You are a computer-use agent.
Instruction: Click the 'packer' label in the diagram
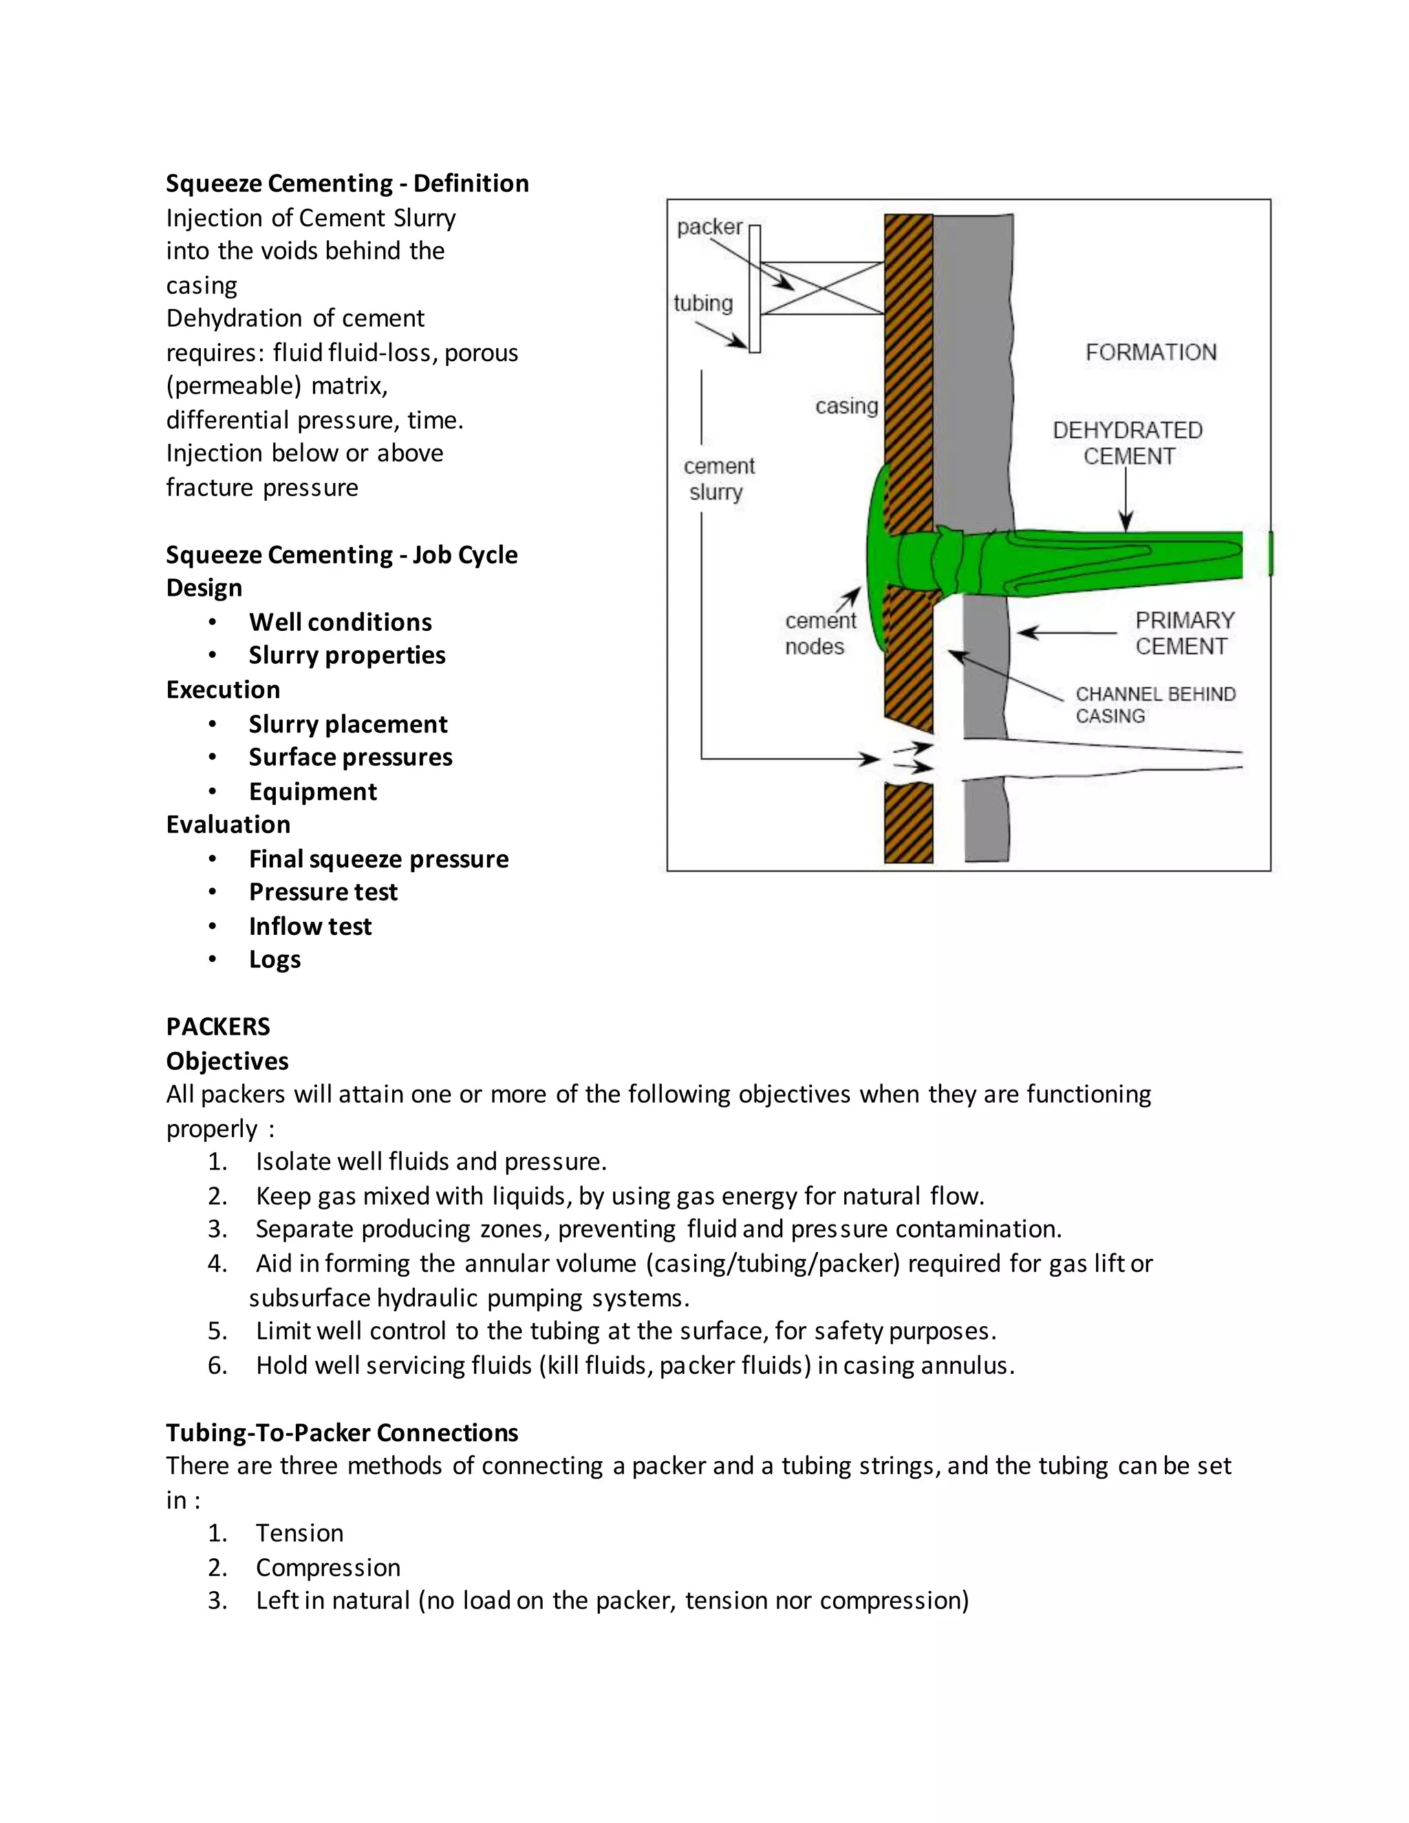(709, 227)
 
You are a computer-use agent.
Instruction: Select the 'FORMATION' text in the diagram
(1150, 352)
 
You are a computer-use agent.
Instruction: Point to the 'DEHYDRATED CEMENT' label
(1128, 443)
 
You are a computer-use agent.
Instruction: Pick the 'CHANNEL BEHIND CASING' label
(1154, 704)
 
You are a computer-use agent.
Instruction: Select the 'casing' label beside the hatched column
(846, 407)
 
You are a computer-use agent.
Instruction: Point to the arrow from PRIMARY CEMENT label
(1066, 633)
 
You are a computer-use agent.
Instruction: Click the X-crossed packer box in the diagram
(822, 289)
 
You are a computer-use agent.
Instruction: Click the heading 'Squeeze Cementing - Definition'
(347, 184)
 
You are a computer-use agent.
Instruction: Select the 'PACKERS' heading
(218, 1026)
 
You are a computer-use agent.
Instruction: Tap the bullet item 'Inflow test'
(310, 927)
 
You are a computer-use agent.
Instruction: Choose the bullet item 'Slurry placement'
(347, 724)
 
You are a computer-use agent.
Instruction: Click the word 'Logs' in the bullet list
(275, 960)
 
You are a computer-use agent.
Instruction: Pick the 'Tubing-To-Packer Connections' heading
(341, 1432)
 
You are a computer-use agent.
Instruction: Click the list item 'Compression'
(328, 1568)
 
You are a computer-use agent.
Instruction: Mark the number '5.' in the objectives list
(218, 1331)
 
